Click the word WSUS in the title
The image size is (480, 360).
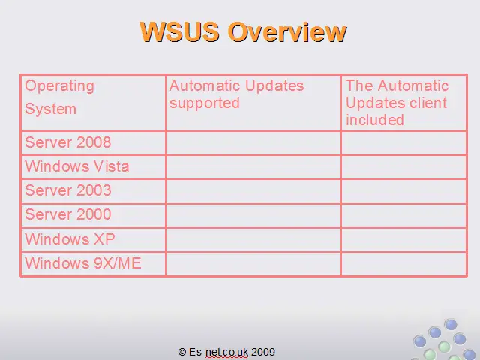coord(179,31)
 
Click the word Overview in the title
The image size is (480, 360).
coord(287,31)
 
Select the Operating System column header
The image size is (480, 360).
coord(60,97)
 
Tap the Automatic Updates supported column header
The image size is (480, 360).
coord(236,94)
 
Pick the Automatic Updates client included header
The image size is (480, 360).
coord(397,103)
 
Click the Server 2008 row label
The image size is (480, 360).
coord(68,142)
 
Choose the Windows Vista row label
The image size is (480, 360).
coord(77,166)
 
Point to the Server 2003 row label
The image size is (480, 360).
coord(68,190)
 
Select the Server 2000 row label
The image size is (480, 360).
coord(68,214)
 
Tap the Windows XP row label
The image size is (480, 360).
coord(70,238)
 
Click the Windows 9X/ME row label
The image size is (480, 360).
coord(83,263)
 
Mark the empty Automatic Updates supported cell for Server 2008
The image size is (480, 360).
coord(253,143)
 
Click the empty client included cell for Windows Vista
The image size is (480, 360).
coord(404,167)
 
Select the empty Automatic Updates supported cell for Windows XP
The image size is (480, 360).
coord(253,240)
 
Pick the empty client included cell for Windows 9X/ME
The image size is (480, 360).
coord(404,264)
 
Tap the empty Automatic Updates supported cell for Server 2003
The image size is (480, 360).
coord(253,192)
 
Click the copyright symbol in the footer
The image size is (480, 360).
coord(181,352)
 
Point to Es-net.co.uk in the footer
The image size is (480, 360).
coord(218,352)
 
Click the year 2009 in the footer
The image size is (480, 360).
coord(263,352)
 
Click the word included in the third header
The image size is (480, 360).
coord(375,120)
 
